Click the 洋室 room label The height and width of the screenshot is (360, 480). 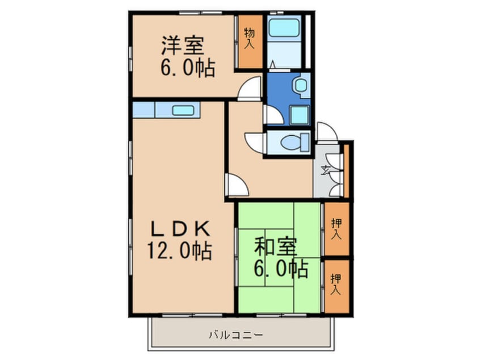point(182,44)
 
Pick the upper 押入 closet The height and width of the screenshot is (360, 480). point(336,228)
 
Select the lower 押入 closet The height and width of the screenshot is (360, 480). point(336,284)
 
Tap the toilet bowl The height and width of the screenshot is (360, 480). point(292,143)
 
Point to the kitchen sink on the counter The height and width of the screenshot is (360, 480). point(183,110)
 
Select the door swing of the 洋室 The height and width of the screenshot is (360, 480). point(249,91)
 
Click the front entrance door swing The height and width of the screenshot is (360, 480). point(326,132)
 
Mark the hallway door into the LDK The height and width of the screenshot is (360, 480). point(236,185)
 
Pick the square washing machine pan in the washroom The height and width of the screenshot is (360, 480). point(299,115)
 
